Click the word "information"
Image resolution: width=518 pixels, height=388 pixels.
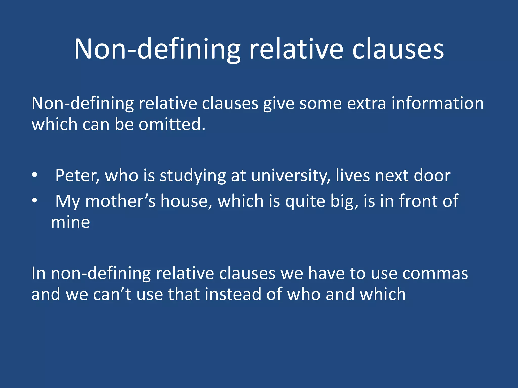coord(437,103)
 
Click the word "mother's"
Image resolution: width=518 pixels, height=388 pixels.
coord(120,201)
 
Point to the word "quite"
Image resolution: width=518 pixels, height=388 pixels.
coord(305,202)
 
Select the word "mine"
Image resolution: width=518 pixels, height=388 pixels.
coord(70,222)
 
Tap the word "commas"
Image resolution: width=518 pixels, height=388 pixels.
coord(435,273)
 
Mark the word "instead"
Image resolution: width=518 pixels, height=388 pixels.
coord(233,294)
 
